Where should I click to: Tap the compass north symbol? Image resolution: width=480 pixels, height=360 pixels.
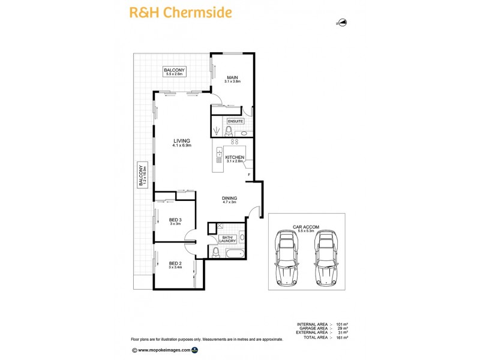click(343, 23)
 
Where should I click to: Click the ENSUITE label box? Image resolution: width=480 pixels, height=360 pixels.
click(236, 121)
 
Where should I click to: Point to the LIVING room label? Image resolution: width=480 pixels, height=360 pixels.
click(181, 143)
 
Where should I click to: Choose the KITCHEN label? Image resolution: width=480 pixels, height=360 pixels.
click(235, 158)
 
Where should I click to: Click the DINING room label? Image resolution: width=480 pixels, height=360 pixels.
click(229, 200)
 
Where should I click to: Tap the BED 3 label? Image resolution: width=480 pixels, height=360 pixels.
click(175, 222)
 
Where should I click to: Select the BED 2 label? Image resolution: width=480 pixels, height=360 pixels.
click(175, 265)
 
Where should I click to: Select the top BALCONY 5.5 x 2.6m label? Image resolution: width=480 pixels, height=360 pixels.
click(175, 72)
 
